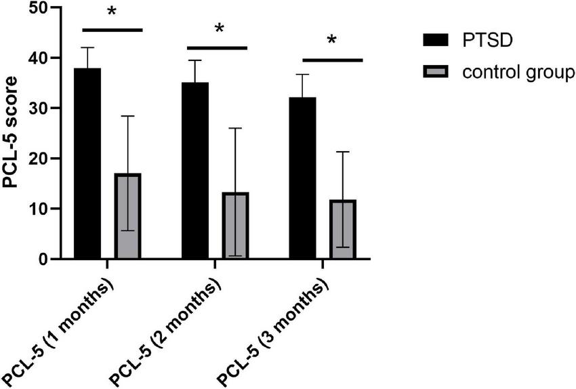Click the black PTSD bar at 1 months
tap(87, 163)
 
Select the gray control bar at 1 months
tap(127, 216)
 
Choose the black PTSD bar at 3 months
tap(302, 178)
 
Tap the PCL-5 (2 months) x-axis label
tap(167, 328)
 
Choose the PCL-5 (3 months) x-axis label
tap(274, 328)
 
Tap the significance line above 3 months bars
tap(333, 60)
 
